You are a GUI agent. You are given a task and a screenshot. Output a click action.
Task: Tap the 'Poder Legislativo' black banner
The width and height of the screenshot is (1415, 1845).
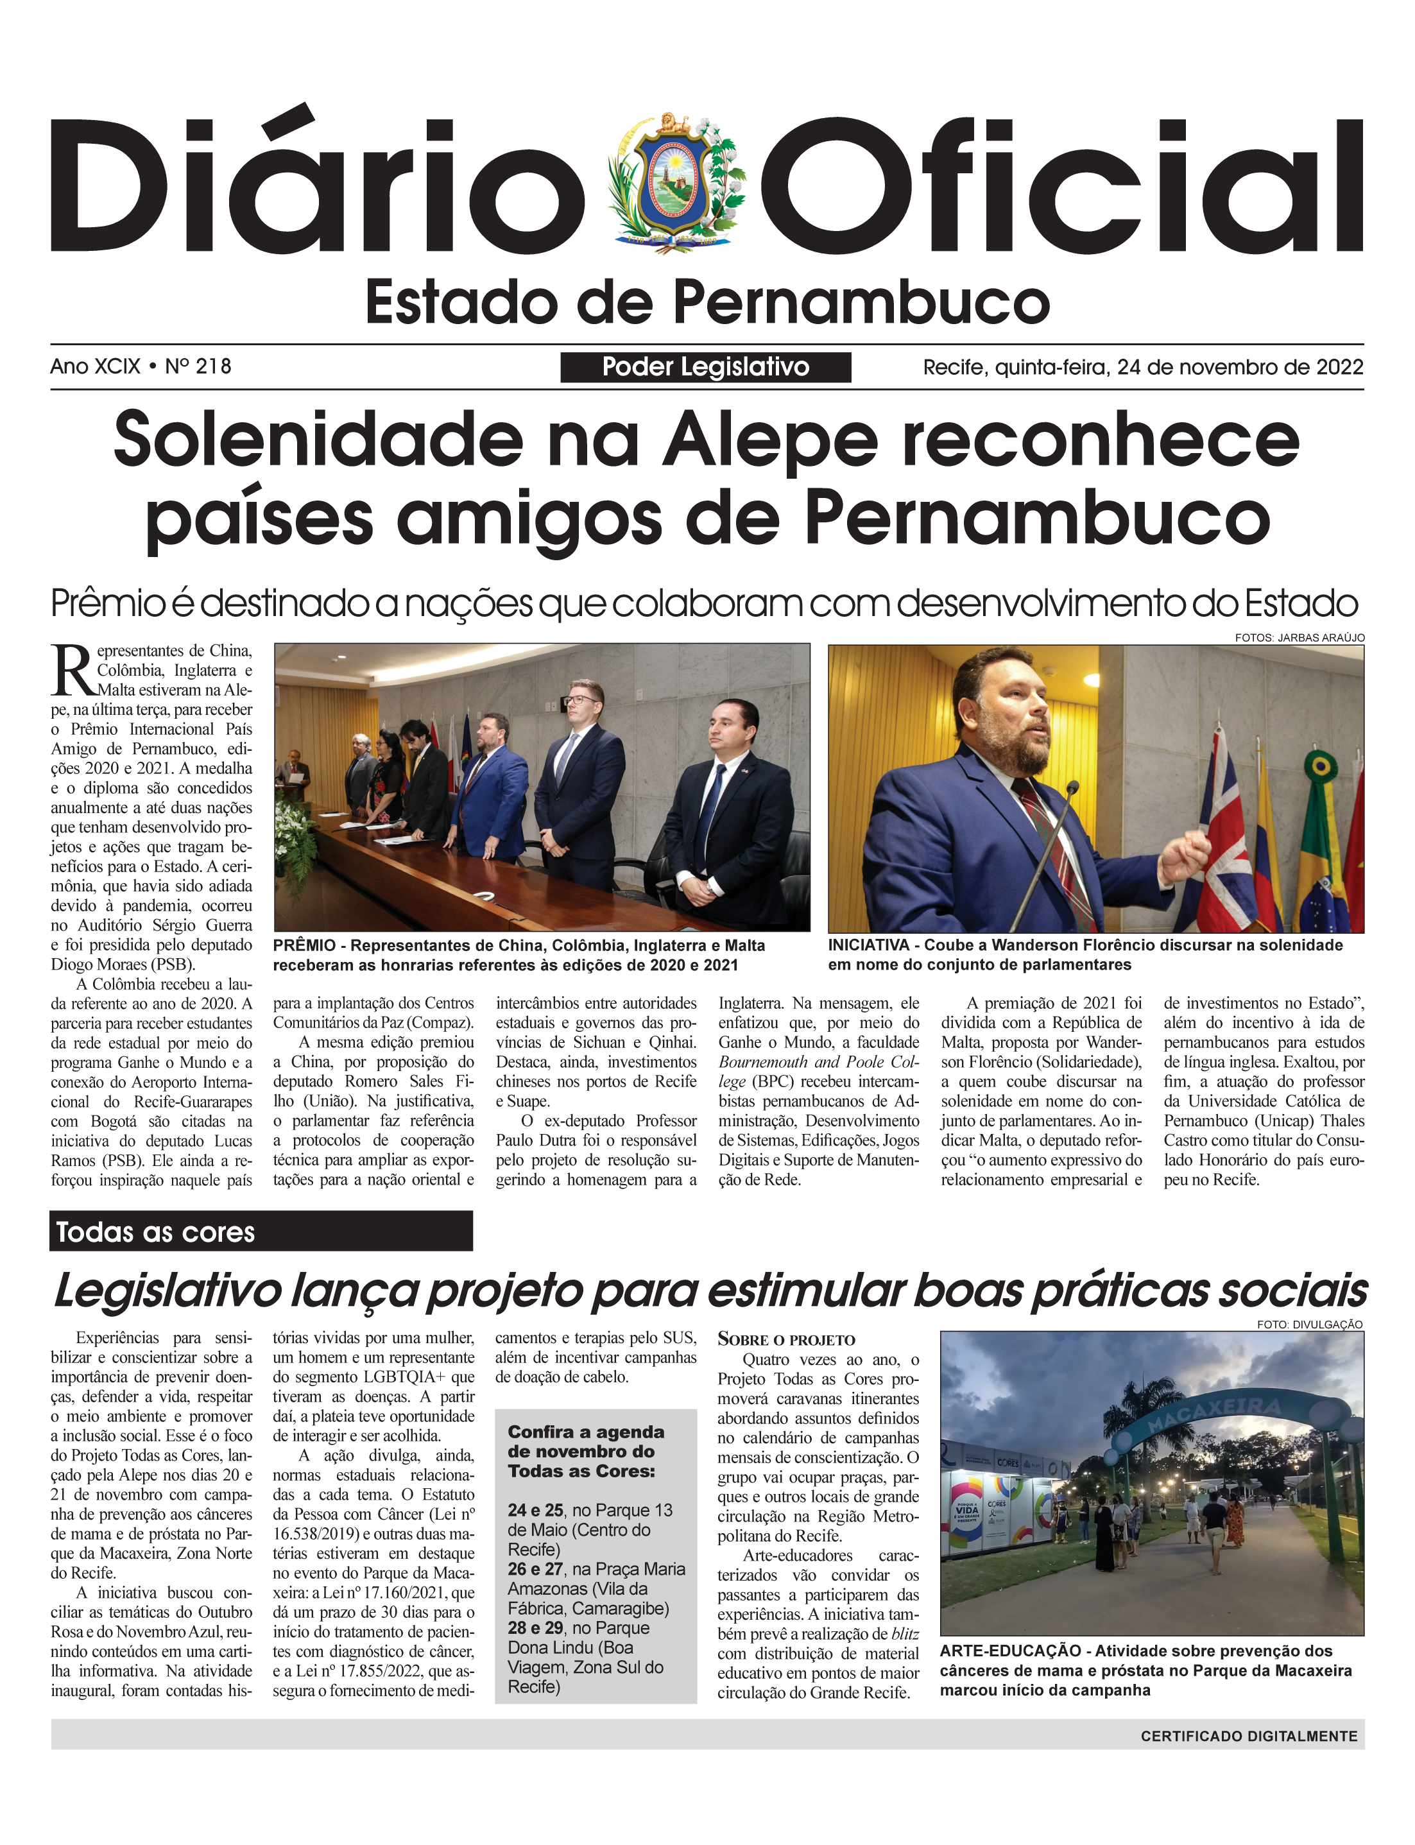705,367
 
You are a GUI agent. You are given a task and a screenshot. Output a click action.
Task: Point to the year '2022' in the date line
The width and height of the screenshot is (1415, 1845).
1339,367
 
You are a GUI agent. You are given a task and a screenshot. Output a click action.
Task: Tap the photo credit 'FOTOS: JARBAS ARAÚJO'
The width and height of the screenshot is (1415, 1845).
1299,637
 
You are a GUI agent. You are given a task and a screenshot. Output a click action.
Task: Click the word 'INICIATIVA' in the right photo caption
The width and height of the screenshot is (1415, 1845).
868,946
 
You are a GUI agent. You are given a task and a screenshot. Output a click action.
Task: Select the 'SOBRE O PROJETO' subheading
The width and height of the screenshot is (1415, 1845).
786,1340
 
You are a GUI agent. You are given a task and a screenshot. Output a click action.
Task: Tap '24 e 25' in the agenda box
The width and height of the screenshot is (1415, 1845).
535,1510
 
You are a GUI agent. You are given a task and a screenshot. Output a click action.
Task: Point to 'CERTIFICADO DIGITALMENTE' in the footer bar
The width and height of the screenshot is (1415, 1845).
1248,1735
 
